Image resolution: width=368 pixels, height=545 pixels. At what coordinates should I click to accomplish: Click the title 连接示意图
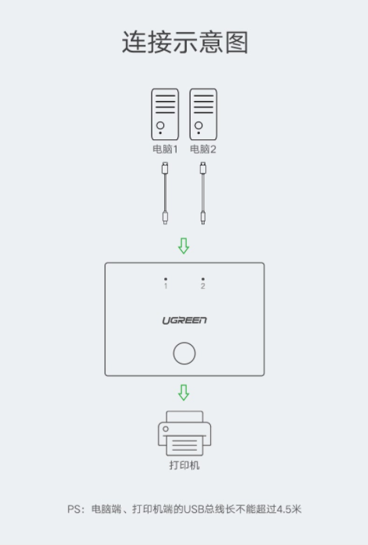click(x=184, y=42)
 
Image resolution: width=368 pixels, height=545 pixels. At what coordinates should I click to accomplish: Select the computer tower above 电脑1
click(x=165, y=114)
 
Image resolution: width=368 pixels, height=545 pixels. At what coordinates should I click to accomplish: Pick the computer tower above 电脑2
click(x=203, y=114)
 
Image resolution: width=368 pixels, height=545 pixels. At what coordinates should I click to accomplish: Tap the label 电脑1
click(x=165, y=149)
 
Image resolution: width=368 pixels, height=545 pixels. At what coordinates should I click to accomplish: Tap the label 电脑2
click(x=203, y=149)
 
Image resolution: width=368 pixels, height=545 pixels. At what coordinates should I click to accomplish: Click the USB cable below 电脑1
click(x=165, y=193)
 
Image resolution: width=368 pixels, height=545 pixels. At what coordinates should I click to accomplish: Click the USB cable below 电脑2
click(x=203, y=193)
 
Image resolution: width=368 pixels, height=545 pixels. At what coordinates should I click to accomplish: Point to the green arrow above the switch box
click(x=184, y=246)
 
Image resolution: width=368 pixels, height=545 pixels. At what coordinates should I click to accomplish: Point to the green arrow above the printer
click(x=184, y=392)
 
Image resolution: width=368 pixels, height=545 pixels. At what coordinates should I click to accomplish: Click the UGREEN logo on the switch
click(x=184, y=320)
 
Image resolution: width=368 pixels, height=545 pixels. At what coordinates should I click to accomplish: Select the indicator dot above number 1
click(x=166, y=279)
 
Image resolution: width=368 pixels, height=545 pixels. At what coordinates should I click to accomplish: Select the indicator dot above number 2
click(x=203, y=279)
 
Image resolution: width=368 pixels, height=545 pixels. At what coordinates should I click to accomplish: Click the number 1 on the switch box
click(x=166, y=286)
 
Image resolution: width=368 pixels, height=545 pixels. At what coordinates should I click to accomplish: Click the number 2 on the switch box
click(x=203, y=286)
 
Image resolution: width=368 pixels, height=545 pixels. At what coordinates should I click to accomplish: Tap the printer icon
click(x=184, y=434)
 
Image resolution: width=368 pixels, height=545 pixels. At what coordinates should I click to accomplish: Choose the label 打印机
click(x=184, y=466)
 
